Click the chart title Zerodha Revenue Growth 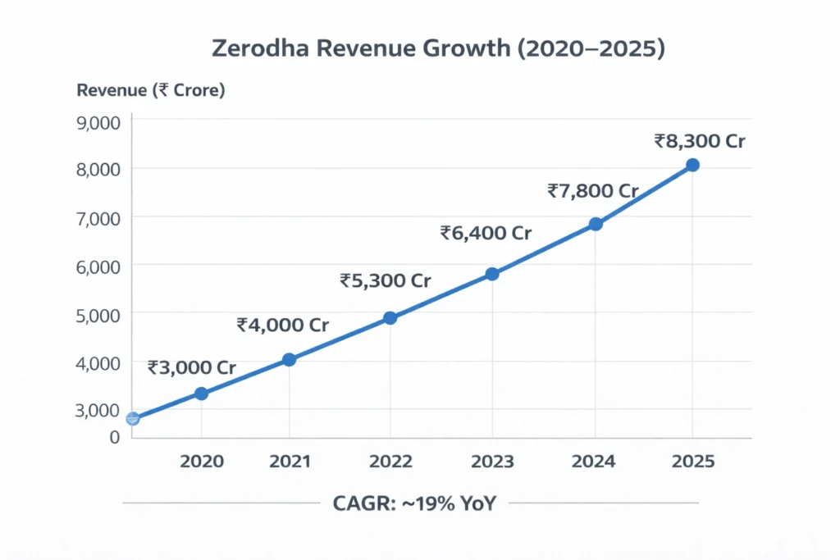tap(438, 48)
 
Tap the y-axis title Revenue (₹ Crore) tap(150, 91)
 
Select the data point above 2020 tap(201, 394)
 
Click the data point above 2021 tap(289, 359)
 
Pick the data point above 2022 tap(390, 317)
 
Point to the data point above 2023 tap(492, 274)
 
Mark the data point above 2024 tap(596, 224)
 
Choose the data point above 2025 tap(692, 165)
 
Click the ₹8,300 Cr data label tap(699, 141)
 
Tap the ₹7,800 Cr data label tap(592, 191)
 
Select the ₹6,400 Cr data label tap(486, 233)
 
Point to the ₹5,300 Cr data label tap(385, 281)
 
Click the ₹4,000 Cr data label tap(282, 325)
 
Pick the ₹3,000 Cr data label tap(192, 368)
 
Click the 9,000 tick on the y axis tap(98, 122)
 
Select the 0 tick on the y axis tap(115, 436)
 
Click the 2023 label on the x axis tap(492, 462)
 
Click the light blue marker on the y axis tap(133, 419)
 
